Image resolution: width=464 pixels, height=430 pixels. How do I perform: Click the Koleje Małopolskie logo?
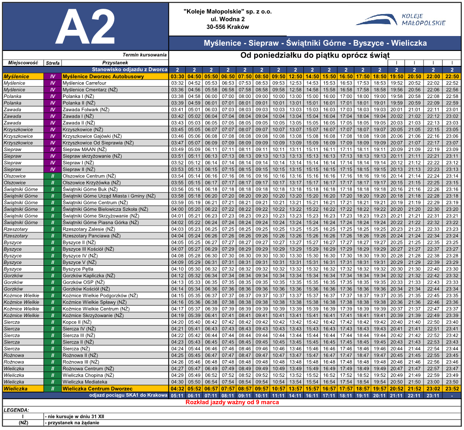point(400,19)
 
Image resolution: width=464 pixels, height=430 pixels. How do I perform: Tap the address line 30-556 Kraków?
point(227,27)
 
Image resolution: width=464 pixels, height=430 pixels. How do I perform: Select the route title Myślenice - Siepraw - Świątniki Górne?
point(315,43)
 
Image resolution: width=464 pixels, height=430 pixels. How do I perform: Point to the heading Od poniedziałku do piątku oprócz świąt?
point(315,55)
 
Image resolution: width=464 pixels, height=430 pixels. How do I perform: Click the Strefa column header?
point(53,63)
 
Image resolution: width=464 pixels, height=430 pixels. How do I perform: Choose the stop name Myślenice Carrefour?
point(84,83)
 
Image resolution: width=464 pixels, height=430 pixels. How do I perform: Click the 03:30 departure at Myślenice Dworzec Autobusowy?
point(177,76)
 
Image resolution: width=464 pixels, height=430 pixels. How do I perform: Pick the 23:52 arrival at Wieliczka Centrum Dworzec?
point(452,389)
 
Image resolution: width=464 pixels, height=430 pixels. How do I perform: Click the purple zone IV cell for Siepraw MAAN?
point(53,149)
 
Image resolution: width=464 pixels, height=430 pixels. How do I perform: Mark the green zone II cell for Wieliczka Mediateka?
point(53,382)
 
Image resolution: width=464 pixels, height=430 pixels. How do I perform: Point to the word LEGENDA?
point(17,410)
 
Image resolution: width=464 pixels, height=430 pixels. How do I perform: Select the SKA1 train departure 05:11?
point(177,396)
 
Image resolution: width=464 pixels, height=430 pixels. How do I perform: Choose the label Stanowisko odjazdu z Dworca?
point(129,69)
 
